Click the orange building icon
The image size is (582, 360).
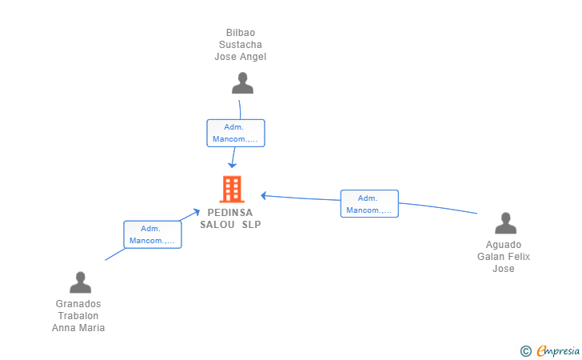(x=232, y=189)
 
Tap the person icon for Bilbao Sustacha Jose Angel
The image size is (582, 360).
(x=242, y=83)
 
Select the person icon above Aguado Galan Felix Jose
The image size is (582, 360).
(x=505, y=223)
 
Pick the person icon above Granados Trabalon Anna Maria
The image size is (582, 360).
(x=80, y=282)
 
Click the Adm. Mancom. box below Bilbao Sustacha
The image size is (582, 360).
(x=236, y=133)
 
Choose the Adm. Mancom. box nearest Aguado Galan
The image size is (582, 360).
(x=369, y=203)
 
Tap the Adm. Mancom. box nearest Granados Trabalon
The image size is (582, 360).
(x=153, y=234)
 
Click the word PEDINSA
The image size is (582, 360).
(x=230, y=213)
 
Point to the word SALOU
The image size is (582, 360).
(x=217, y=224)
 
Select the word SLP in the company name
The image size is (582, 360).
(x=252, y=224)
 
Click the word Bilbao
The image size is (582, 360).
(x=241, y=33)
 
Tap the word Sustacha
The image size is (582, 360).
(x=241, y=45)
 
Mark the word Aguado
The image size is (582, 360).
(x=504, y=245)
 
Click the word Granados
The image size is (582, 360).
(x=78, y=304)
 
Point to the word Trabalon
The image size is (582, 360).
(x=78, y=316)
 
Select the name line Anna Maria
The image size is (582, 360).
(x=78, y=328)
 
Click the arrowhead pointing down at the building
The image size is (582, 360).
(x=232, y=165)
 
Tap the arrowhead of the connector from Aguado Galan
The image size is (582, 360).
(x=264, y=195)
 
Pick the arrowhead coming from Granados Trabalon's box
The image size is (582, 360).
(x=196, y=212)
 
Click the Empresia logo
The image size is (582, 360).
(x=550, y=350)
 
